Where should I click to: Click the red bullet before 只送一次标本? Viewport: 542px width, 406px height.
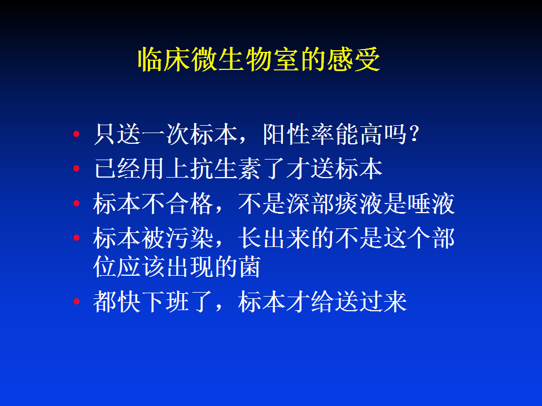(76, 134)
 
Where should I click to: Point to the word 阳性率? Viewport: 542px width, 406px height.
(299, 134)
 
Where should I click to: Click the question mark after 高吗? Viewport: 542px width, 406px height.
(414, 134)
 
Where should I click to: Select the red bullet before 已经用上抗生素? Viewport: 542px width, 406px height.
(76, 169)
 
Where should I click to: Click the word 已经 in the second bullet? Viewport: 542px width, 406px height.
(117, 169)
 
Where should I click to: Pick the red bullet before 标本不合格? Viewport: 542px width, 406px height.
(76, 204)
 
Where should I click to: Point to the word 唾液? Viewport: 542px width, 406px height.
(431, 204)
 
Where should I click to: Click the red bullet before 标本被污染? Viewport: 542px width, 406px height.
(76, 237)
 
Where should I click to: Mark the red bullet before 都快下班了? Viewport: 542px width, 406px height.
(76, 301)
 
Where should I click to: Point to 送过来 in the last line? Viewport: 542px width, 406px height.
(370, 301)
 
